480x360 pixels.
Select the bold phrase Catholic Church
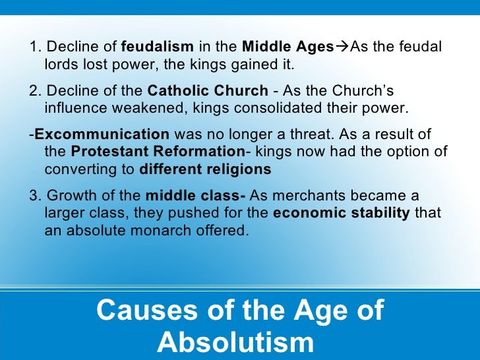click(x=208, y=91)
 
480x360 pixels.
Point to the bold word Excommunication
click(x=102, y=135)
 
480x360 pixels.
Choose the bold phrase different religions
click(x=205, y=169)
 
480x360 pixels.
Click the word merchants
click(x=314, y=197)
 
